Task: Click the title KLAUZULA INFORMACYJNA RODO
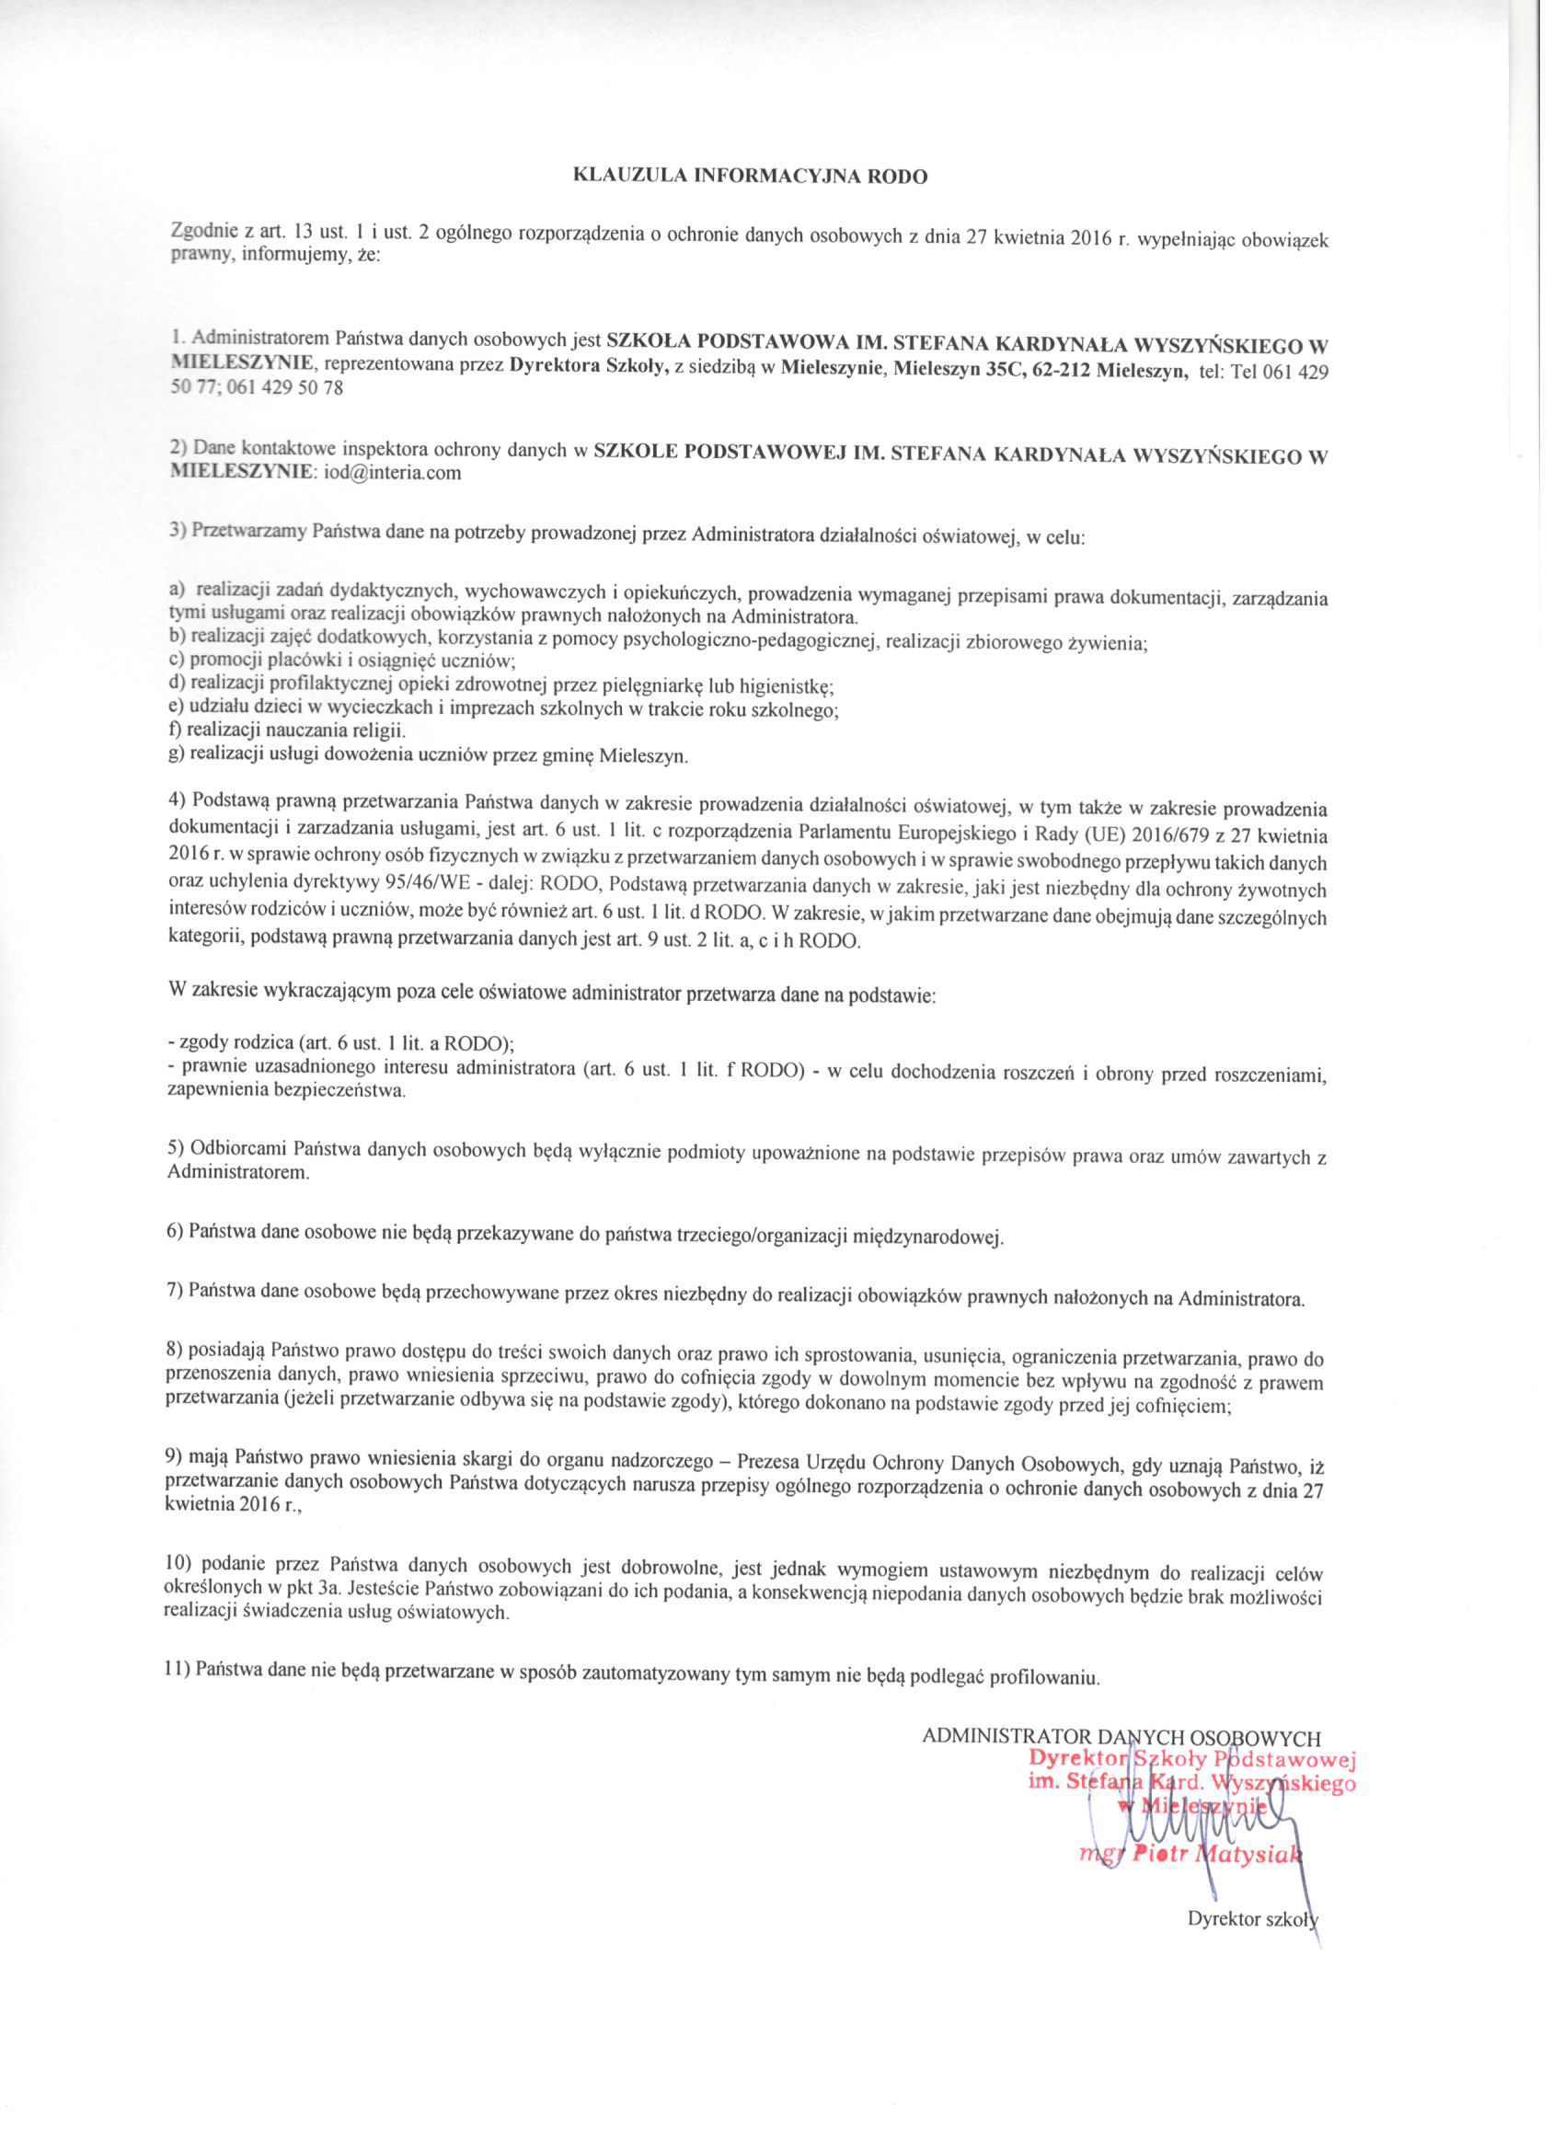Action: (748, 176)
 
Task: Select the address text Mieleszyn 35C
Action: (953, 370)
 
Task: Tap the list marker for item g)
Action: (177, 756)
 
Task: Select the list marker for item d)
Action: (177, 684)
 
